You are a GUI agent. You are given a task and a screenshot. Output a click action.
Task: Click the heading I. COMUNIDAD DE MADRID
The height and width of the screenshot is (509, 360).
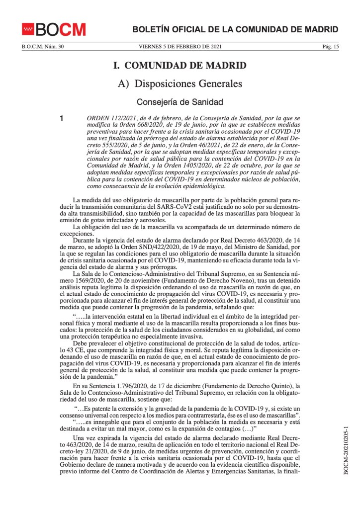point(180,66)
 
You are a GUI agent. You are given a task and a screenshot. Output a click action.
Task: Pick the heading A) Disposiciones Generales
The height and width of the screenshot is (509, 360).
point(180,84)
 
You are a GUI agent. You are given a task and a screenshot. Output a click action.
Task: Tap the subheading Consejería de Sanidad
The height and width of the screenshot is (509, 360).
point(180,102)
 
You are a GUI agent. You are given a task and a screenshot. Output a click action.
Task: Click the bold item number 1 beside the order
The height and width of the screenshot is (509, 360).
point(62,119)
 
